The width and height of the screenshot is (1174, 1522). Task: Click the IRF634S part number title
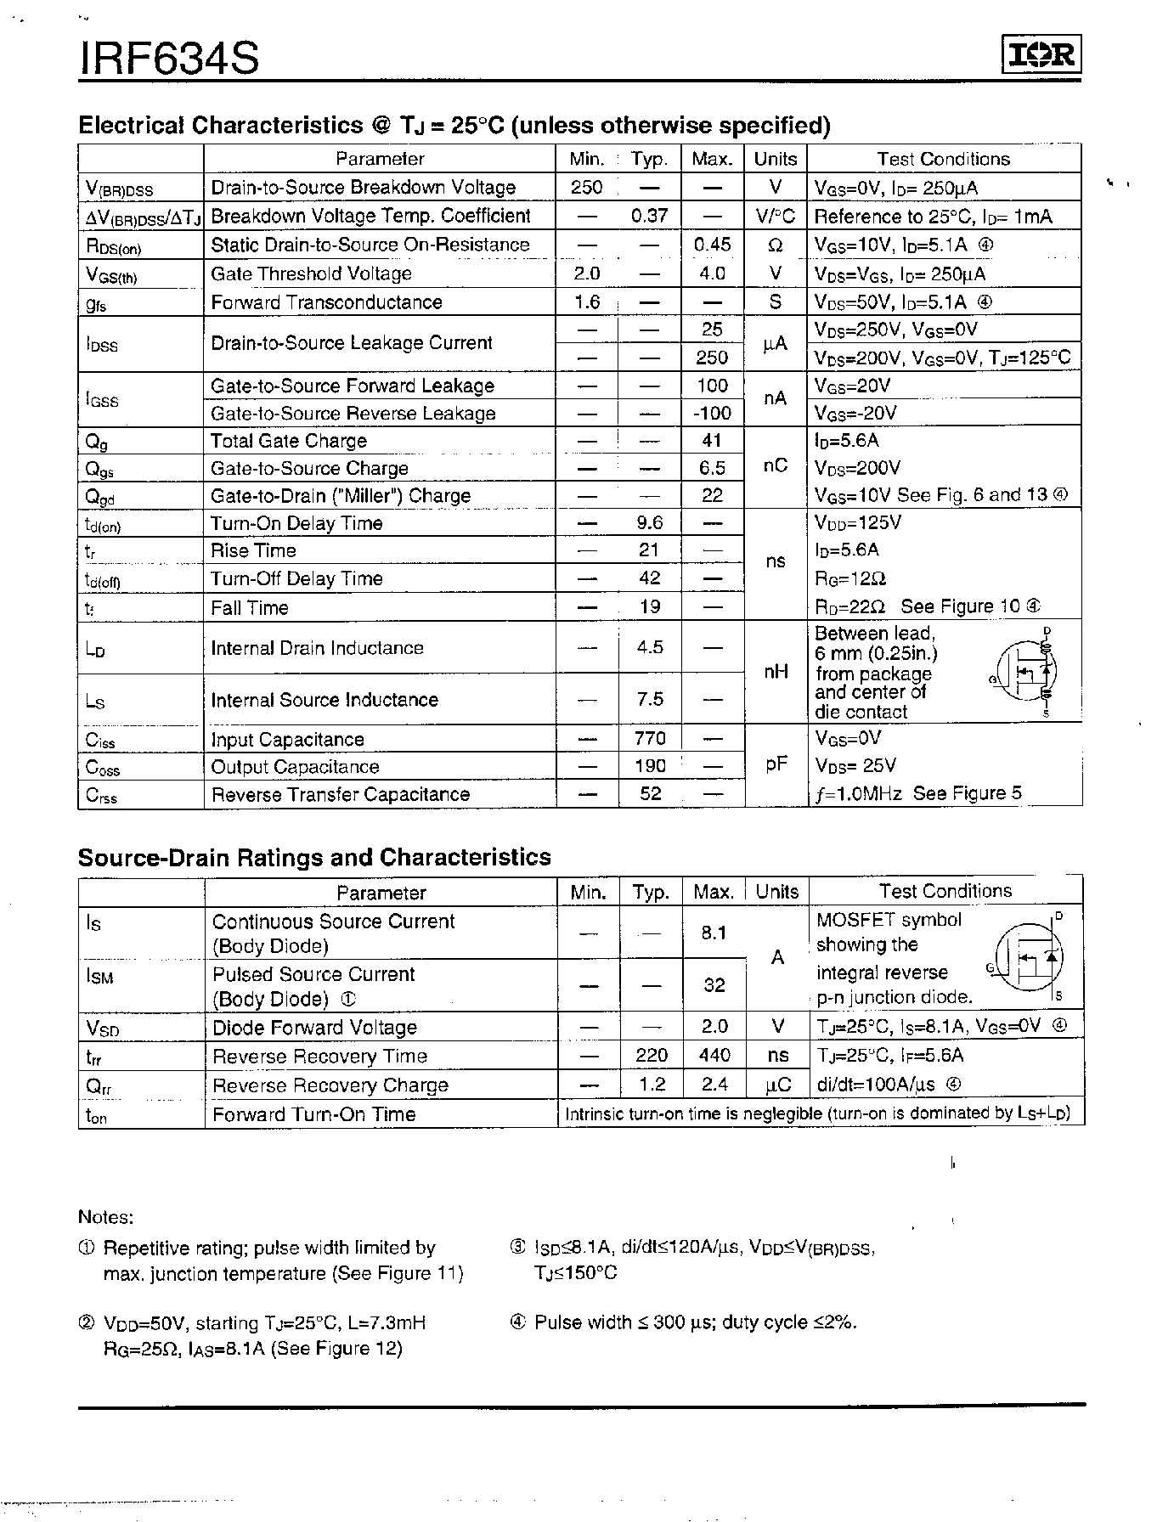pos(169,59)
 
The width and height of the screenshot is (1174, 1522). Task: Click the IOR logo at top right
pos(1041,56)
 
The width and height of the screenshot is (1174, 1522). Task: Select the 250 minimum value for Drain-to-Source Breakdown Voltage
pos(587,187)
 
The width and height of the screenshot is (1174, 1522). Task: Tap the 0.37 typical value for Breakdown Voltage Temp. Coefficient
pos(650,216)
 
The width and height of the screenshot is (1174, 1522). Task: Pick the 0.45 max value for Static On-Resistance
pos(712,245)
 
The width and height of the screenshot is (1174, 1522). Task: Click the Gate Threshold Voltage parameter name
pos(311,273)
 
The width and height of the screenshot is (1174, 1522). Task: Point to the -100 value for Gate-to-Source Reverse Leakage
pos(711,413)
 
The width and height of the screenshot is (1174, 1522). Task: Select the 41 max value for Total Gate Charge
pos(712,440)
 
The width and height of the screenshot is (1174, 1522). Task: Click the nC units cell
pos(775,466)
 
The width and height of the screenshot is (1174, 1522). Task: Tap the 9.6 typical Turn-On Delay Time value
pos(650,522)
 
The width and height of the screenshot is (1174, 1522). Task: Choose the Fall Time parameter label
pos(250,607)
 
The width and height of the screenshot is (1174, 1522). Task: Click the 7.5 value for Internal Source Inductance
pos(650,699)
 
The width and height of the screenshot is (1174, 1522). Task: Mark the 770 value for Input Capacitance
pos(650,738)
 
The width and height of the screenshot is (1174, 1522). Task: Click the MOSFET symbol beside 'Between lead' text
pos(1025,672)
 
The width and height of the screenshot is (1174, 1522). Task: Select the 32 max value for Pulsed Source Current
pos(714,985)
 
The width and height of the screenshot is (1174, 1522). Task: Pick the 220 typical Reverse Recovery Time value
pos(652,1056)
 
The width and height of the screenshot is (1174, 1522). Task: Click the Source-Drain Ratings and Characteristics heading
pos(314,857)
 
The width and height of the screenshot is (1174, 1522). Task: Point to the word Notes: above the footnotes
pos(105,1217)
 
